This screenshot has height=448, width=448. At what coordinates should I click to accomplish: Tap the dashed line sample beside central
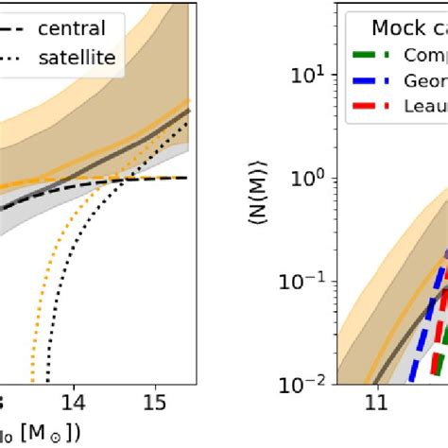tap(13, 28)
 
